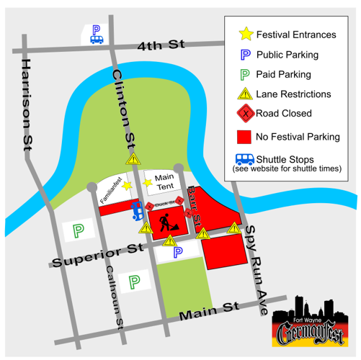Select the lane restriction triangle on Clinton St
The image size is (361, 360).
click(134, 159)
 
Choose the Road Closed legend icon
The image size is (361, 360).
click(246, 113)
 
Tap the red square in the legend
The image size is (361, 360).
click(246, 135)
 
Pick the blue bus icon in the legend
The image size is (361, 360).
click(246, 158)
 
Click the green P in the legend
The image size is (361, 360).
click(246, 73)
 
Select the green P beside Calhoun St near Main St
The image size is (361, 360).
click(133, 281)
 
